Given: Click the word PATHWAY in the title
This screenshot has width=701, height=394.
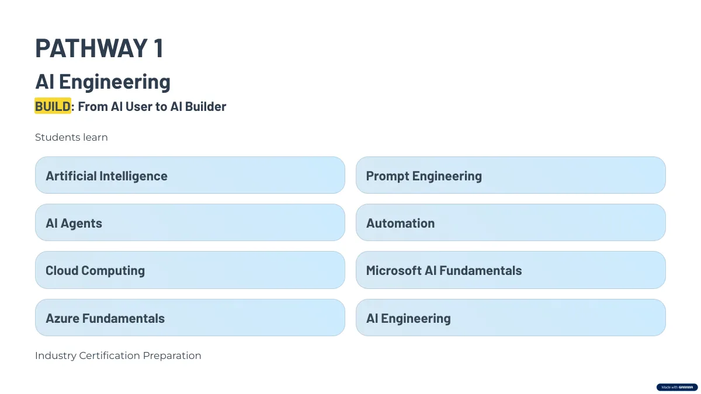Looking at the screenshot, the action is tap(91, 48).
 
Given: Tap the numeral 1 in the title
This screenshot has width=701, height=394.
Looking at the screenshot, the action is tap(159, 48).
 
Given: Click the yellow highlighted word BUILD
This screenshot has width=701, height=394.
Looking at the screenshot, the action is tap(53, 106).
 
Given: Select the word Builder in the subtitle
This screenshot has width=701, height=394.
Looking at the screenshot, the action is tap(206, 106).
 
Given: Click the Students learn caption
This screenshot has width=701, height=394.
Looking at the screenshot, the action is tap(71, 137).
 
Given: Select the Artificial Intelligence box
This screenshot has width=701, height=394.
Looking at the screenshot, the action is tap(190, 175).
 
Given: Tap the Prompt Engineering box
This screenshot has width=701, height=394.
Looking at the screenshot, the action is tap(511, 175).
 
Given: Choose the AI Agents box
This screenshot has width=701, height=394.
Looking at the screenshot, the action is tap(190, 222).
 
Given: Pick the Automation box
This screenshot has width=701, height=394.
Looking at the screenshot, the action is tap(511, 222).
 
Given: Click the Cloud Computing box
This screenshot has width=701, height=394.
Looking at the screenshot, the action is tap(190, 270).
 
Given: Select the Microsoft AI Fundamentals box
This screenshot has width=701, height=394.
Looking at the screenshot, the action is tap(511, 270).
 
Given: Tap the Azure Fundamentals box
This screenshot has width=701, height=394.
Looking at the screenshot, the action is tap(190, 318).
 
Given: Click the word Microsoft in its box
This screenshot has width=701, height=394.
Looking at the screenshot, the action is tap(394, 270).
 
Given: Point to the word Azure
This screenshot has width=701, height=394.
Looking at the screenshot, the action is tap(63, 318).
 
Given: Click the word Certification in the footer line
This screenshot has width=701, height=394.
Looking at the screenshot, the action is tap(110, 355).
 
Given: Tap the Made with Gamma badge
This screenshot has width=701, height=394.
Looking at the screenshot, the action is tap(677, 387).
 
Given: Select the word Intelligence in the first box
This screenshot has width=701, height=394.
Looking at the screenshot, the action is tap(133, 176).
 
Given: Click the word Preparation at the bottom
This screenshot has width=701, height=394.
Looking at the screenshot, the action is tap(172, 356).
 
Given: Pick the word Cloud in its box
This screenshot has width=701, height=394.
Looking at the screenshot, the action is tap(62, 270).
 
